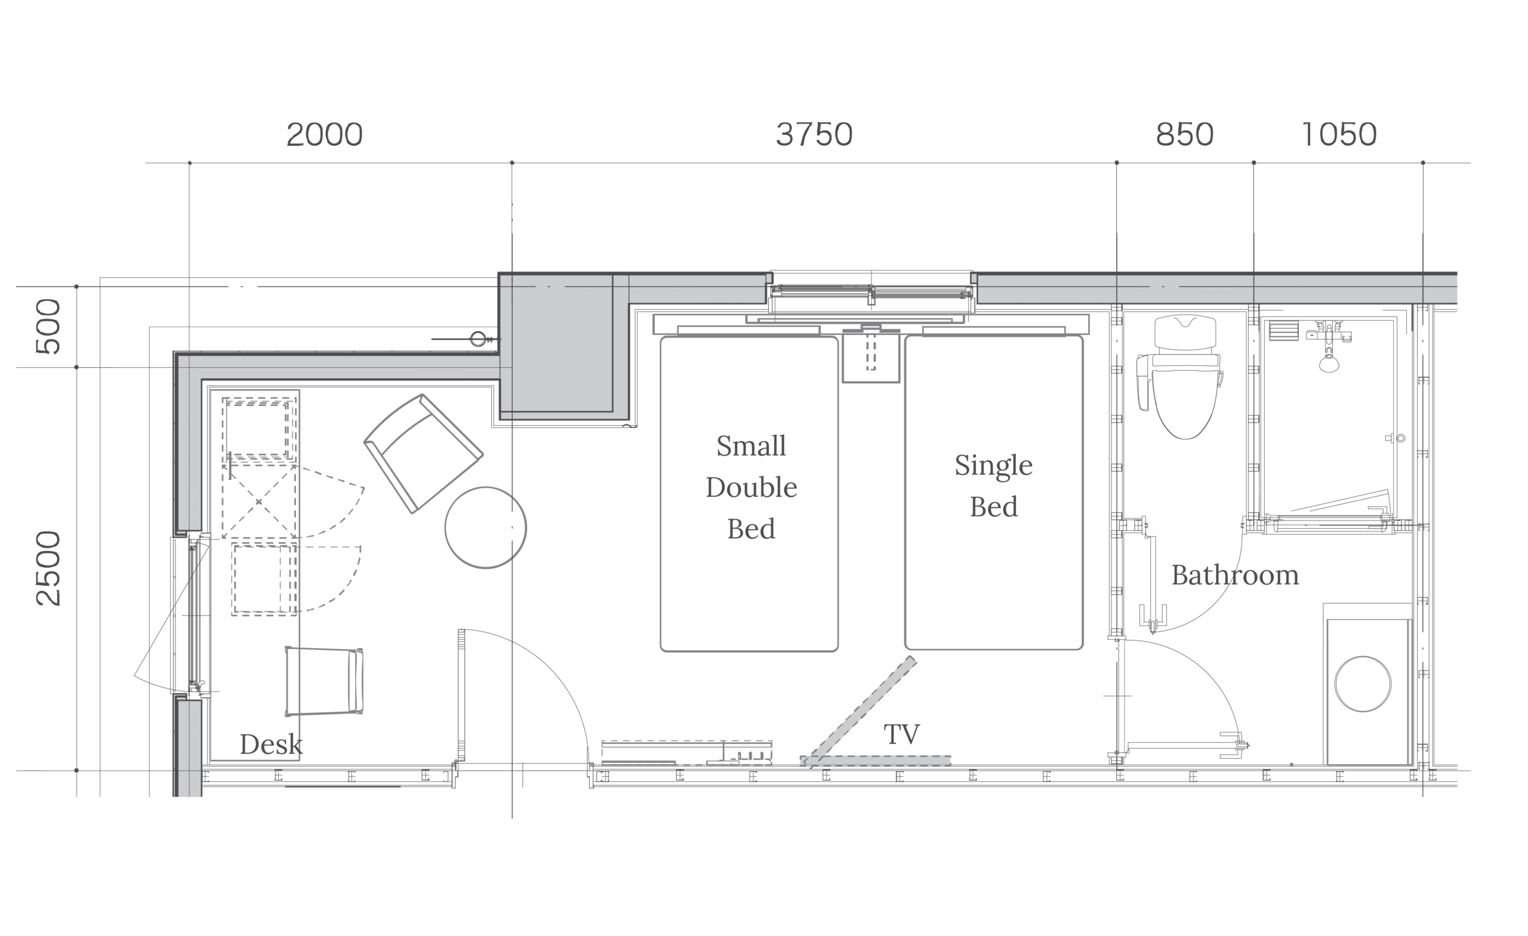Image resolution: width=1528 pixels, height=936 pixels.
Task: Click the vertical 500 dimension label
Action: (48, 327)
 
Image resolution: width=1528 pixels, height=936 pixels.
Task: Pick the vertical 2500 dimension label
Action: (48, 568)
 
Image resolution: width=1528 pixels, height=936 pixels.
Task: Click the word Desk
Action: (271, 744)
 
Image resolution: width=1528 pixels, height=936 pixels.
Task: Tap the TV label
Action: (902, 734)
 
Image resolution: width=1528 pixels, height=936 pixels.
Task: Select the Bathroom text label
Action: (1236, 575)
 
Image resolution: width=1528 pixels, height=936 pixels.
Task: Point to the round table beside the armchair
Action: (486, 527)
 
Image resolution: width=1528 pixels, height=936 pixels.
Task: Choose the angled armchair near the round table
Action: (424, 454)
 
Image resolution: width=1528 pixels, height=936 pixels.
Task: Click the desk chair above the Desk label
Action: (324, 681)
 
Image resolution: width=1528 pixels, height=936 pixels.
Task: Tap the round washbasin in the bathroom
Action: (1363, 684)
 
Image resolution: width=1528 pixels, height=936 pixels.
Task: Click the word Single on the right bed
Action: (993, 466)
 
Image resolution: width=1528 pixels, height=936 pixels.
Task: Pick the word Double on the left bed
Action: (751, 488)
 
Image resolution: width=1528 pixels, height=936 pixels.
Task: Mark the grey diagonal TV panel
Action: (860, 712)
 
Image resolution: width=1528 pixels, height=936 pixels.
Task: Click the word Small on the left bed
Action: (751, 446)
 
